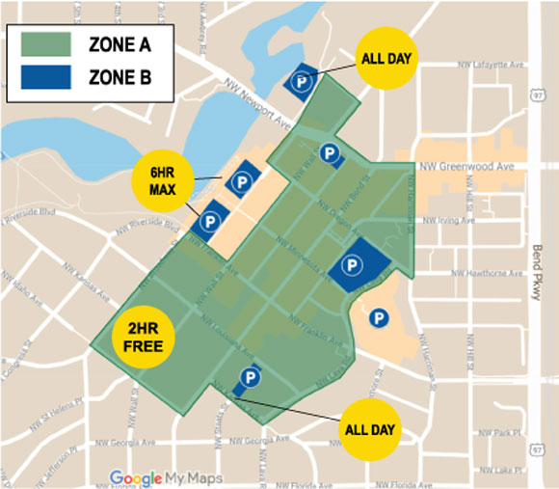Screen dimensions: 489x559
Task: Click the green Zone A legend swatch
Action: coord(45,43)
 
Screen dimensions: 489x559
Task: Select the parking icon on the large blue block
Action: coord(353,264)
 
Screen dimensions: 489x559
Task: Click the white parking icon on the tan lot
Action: coord(380,315)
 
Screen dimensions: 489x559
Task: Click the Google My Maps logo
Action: coord(166,477)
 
